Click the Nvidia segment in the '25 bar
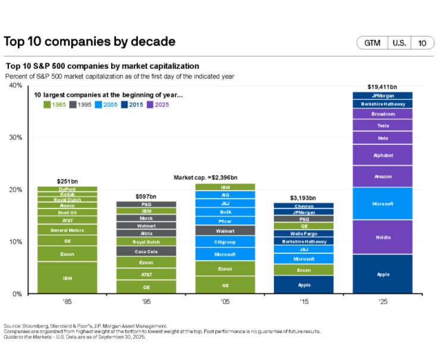tap(383, 237)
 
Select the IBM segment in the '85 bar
tap(67, 277)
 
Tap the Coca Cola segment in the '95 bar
tap(146, 251)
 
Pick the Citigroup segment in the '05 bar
tap(225, 242)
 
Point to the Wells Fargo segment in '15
tap(304, 233)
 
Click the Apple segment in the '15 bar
tap(304, 285)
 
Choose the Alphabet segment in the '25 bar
tap(383, 155)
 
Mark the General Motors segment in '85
tap(67, 230)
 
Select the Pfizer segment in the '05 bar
tap(225, 221)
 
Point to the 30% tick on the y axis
tap(15, 137)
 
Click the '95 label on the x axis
tap(146, 302)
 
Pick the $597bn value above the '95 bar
tap(146, 196)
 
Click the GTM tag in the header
tap(372, 43)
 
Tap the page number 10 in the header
tap(422, 43)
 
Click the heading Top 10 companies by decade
tap(90, 42)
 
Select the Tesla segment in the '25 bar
tap(383, 125)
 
